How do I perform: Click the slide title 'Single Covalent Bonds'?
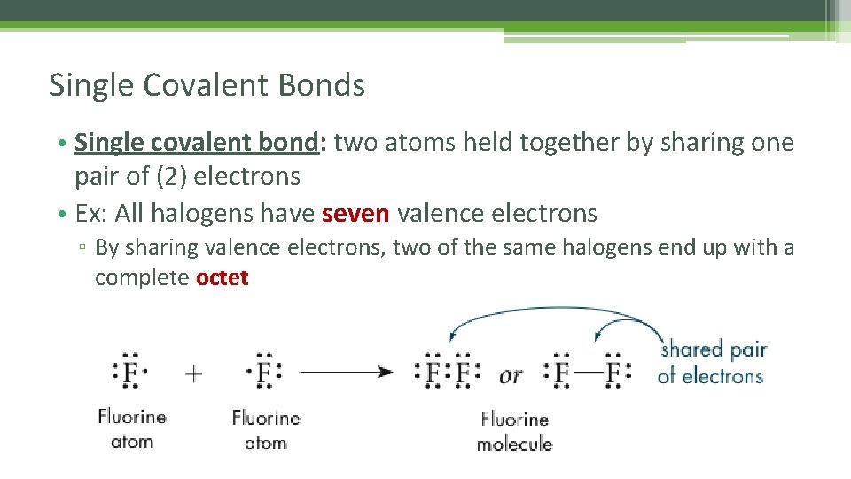click(207, 85)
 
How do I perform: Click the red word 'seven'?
click(355, 214)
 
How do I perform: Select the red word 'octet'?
click(222, 278)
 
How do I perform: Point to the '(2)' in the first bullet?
click(171, 177)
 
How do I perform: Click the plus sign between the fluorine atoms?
click(194, 373)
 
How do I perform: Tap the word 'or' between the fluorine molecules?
click(511, 375)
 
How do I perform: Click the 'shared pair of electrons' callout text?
click(712, 362)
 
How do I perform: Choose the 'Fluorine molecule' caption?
click(514, 430)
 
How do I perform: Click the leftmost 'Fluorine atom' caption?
click(132, 428)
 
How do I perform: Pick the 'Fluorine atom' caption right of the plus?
click(266, 429)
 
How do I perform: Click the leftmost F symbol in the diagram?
click(129, 373)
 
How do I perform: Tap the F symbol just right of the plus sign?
click(264, 373)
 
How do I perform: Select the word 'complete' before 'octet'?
click(142, 278)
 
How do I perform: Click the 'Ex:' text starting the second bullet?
click(91, 214)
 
